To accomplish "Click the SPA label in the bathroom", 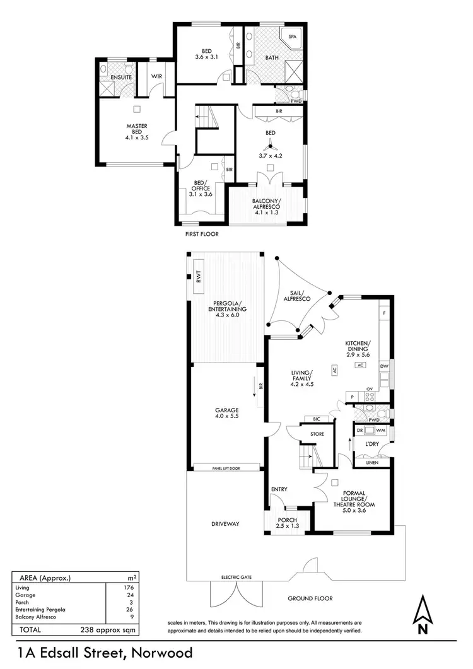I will tap(292, 37).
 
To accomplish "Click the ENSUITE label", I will tap(120, 77).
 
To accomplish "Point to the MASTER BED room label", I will tap(136, 130).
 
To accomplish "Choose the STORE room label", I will tap(317, 434).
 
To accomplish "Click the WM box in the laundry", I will tap(380, 430).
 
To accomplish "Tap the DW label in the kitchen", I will tap(383, 366).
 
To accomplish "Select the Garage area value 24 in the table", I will tap(129, 595).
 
